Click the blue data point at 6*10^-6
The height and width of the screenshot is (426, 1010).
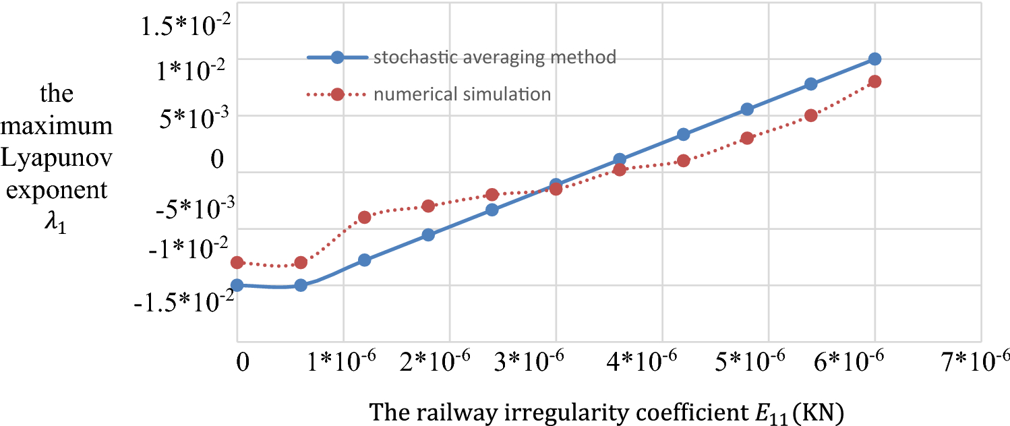874,59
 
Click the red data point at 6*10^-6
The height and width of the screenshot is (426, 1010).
874,82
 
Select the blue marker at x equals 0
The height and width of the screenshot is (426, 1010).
237,285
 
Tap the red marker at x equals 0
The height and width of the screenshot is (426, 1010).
237,262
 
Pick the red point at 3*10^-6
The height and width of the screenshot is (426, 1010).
556,189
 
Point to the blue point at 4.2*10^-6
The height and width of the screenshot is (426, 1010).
683,134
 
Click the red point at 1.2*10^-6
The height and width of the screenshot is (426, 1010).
365,217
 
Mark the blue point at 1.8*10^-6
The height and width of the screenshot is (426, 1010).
428,235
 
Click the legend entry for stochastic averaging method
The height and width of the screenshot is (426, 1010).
494,57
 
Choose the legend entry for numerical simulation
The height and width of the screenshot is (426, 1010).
462,94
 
